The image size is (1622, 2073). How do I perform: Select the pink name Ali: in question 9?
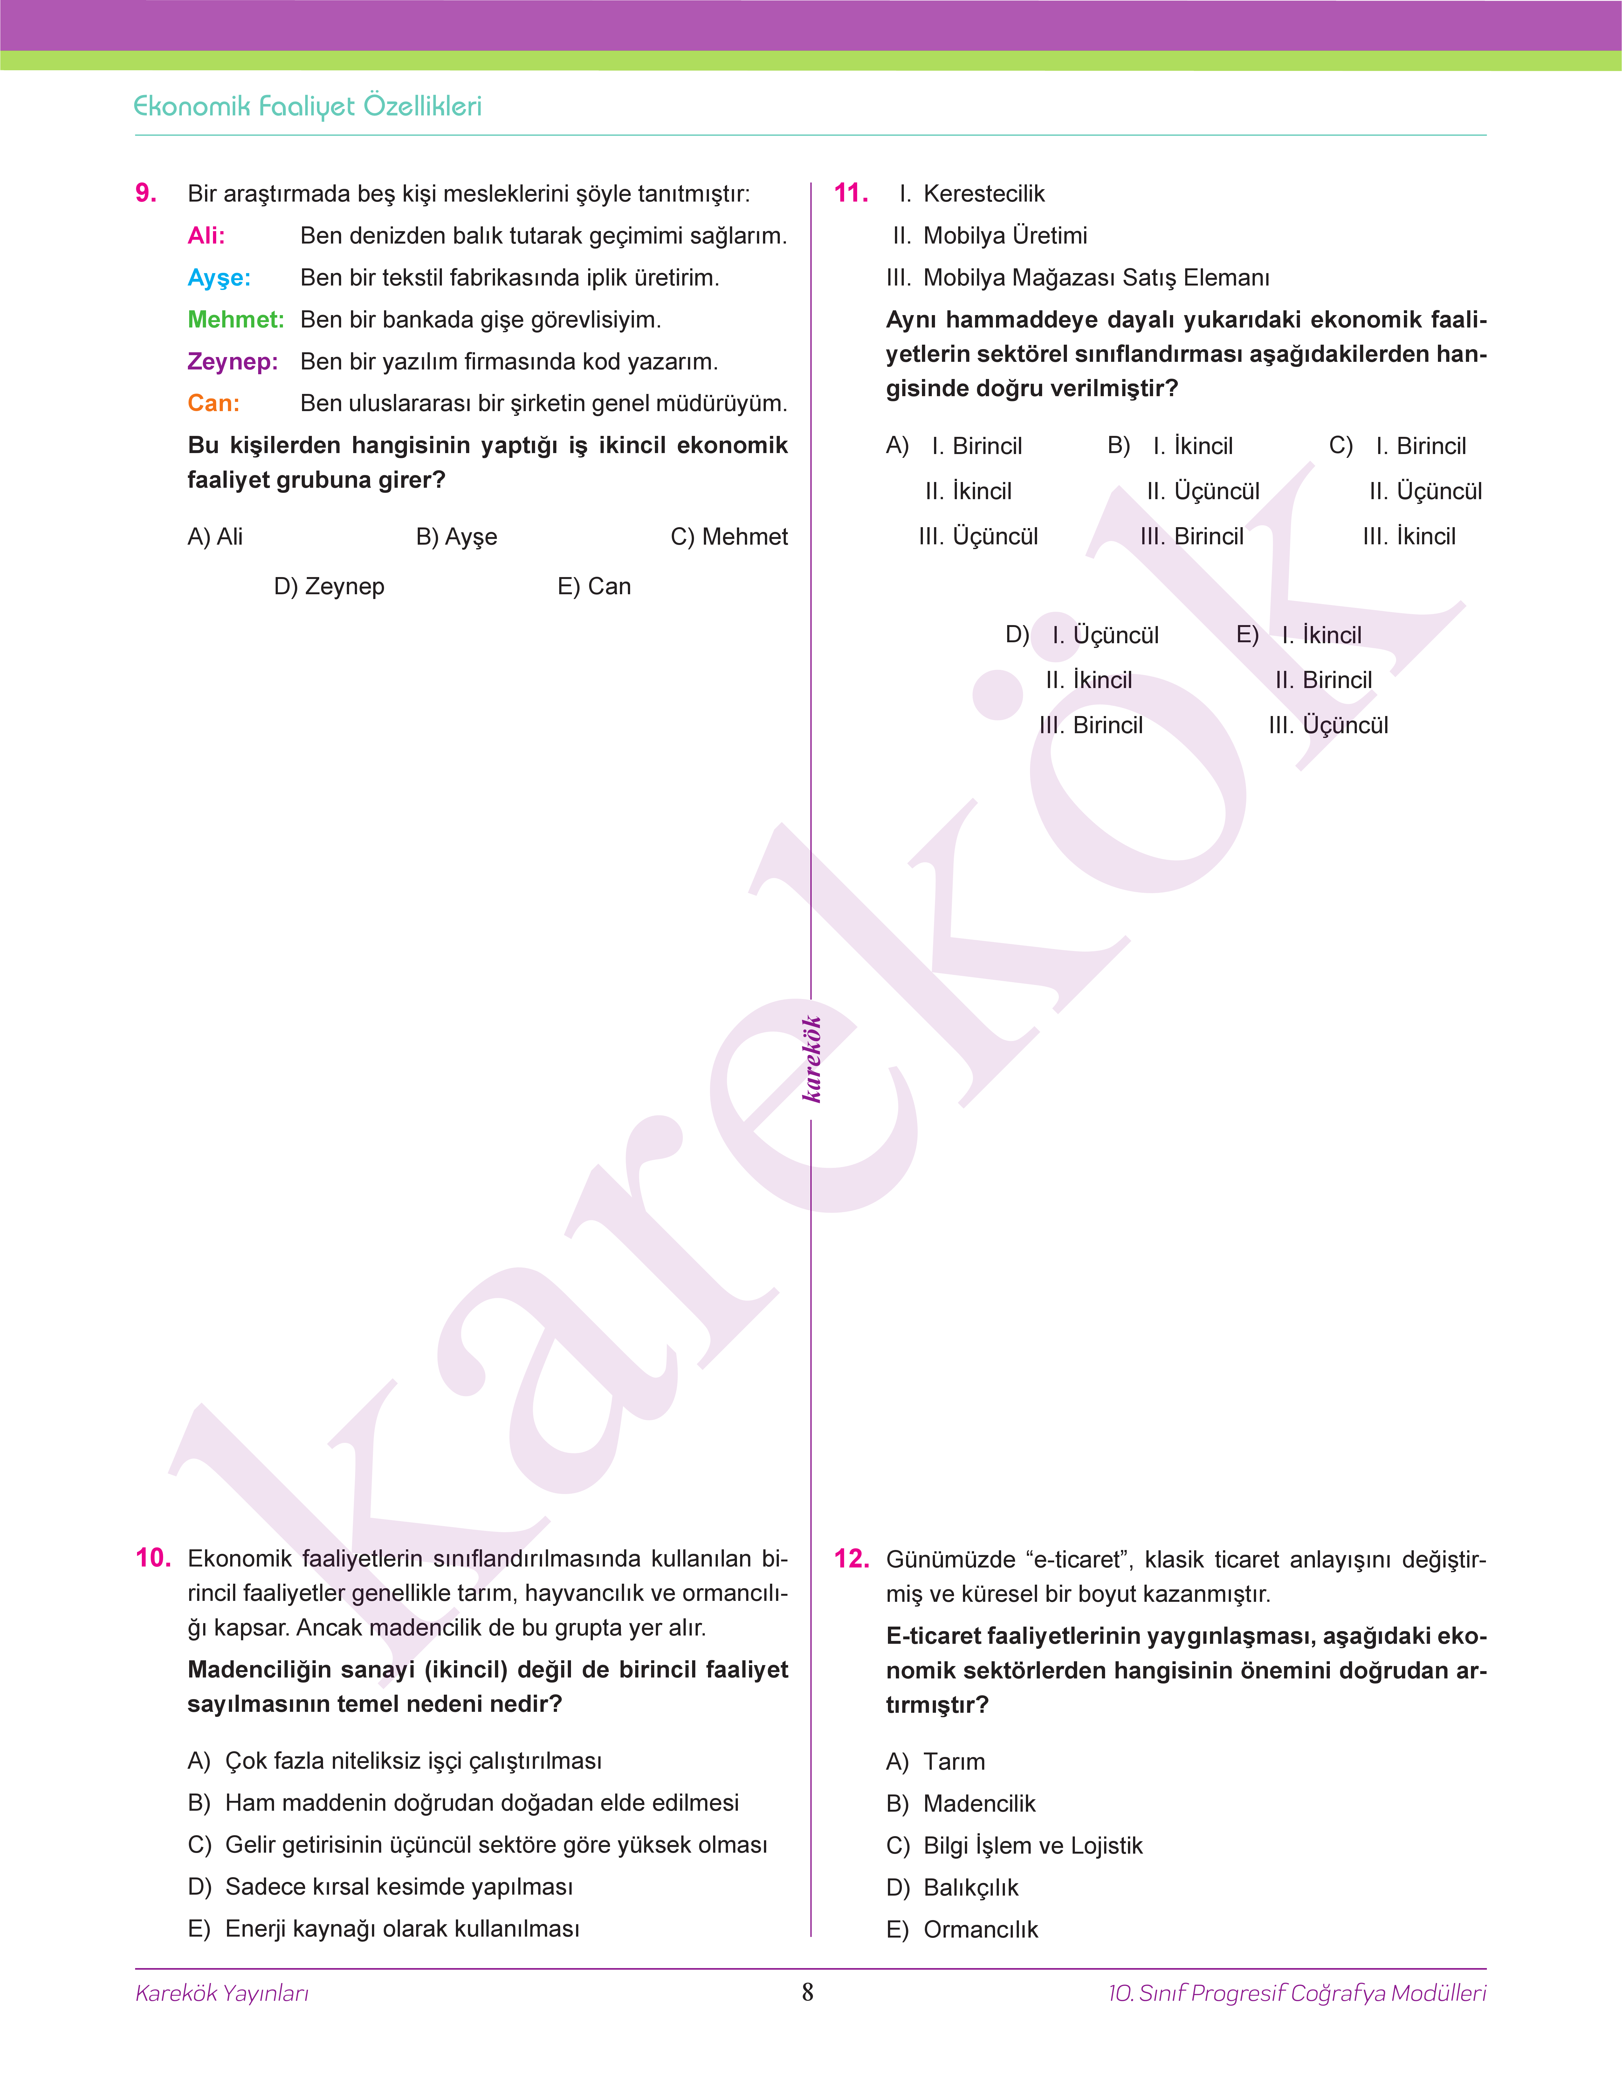coord(206,236)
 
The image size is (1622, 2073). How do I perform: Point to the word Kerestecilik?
coord(984,194)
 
